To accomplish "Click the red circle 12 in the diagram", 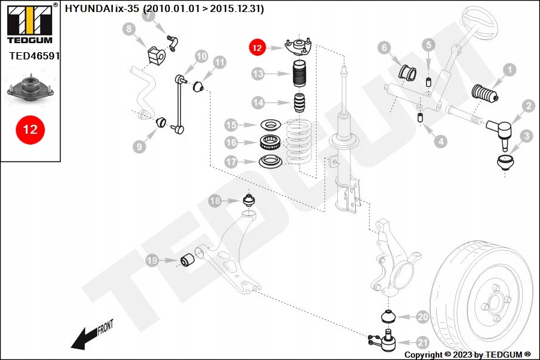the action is pos(257,47).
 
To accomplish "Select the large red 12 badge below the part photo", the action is pos(31,130).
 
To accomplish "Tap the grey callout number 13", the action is pos(257,73).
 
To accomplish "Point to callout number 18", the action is pos(215,200).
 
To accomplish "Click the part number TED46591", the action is pos(34,56).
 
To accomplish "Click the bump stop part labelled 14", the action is pos(299,103).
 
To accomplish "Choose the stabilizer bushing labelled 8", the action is pos(157,55).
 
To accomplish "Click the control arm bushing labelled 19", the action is pos(188,260).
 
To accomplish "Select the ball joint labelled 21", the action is pos(383,340).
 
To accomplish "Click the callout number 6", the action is pos(385,47).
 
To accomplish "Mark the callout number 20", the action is pos(422,317).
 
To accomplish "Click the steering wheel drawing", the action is pos(481,23).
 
